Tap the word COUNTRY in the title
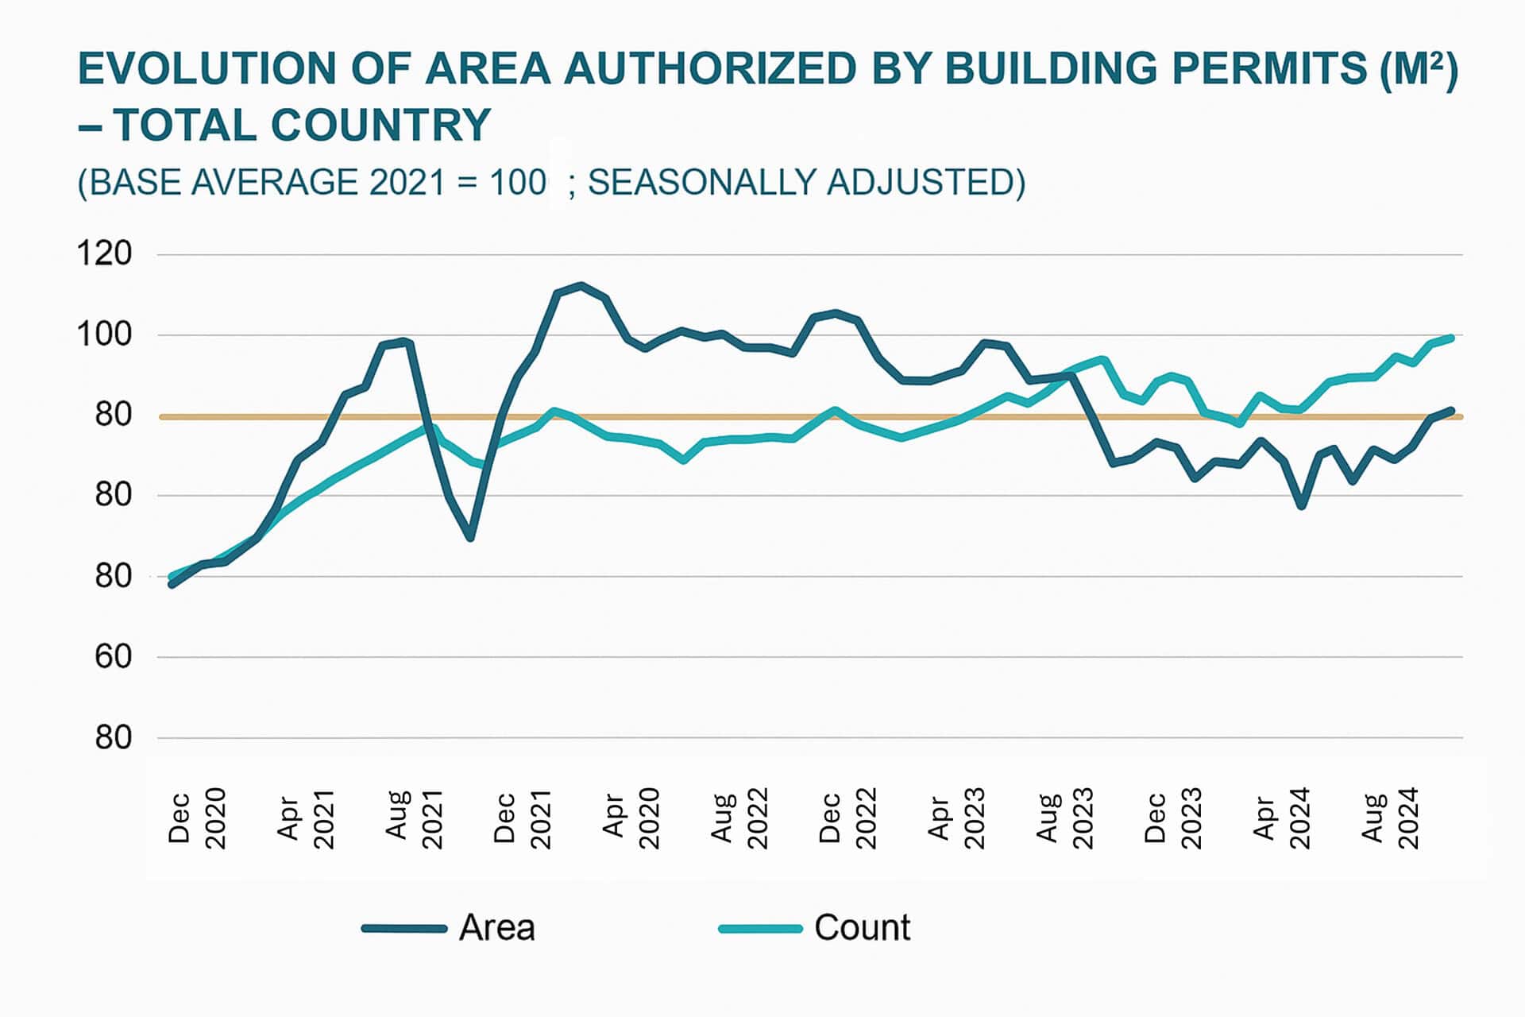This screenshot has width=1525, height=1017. click(380, 126)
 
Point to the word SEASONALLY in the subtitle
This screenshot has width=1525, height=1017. click(699, 182)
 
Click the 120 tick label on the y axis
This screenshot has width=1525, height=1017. click(104, 254)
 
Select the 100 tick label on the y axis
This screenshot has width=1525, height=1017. click(104, 334)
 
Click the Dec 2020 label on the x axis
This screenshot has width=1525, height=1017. click(197, 818)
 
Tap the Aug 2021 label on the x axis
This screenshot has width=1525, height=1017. click(414, 818)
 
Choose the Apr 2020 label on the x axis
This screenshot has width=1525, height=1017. click(631, 818)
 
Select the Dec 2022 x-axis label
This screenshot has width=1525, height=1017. click(847, 818)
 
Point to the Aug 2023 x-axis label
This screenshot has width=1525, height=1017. click(1065, 818)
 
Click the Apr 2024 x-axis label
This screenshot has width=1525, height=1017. click(1281, 818)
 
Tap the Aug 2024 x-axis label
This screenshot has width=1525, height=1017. click(1390, 818)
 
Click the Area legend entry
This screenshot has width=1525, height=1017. click(449, 928)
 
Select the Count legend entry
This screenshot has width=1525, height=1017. click(816, 928)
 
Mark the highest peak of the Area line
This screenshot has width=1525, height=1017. click(581, 285)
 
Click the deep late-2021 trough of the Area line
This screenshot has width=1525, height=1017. click(471, 538)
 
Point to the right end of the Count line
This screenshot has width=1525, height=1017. click(1452, 338)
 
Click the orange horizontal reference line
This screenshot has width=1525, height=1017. click(794, 416)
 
